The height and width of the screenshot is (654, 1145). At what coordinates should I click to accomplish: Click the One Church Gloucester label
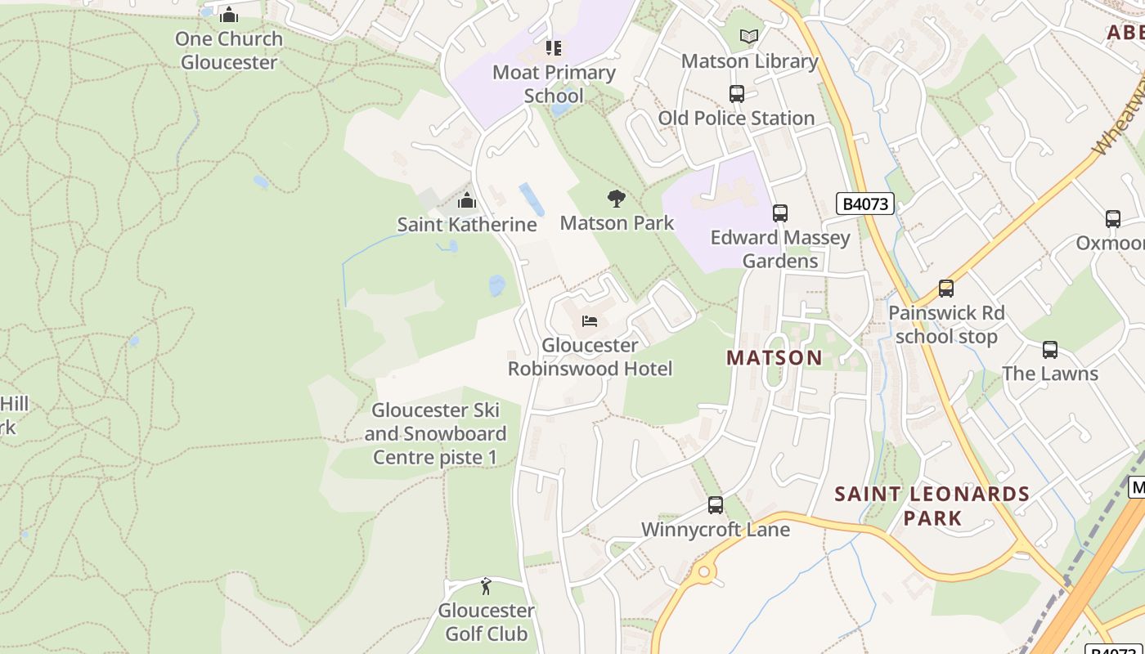point(229,51)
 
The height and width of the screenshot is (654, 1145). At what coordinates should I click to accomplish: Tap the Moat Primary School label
point(554,84)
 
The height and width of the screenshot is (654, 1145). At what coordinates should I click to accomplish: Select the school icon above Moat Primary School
point(554,48)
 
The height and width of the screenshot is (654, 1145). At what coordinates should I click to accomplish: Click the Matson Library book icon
point(749,36)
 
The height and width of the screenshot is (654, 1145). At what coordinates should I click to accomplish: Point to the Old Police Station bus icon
point(737,94)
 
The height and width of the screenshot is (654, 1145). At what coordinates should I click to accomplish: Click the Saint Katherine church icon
point(467,200)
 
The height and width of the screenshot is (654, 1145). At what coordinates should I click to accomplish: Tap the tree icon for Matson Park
point(617,199)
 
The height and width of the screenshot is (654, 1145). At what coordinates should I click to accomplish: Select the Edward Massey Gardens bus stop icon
point(780,213)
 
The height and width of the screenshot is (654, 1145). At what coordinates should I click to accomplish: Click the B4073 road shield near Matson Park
point(865,204)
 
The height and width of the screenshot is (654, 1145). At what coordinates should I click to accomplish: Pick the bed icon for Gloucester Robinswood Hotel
point(590,321)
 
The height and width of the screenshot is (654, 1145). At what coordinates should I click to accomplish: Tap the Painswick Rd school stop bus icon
point(946,289)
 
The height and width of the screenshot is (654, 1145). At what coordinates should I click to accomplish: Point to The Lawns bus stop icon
point(1050,350)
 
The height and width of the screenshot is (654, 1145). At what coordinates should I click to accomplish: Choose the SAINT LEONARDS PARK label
point(932,505)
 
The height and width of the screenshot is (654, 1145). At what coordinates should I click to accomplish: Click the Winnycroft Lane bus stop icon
point(716,505)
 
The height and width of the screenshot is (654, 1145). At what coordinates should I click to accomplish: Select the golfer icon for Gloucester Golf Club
point(487,586)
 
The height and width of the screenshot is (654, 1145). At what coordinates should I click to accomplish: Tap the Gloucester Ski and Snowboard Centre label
point(435,433)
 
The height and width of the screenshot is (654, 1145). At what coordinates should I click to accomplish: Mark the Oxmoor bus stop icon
point(1113,219)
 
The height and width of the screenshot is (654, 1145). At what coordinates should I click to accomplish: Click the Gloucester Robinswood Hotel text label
point(590,357)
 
